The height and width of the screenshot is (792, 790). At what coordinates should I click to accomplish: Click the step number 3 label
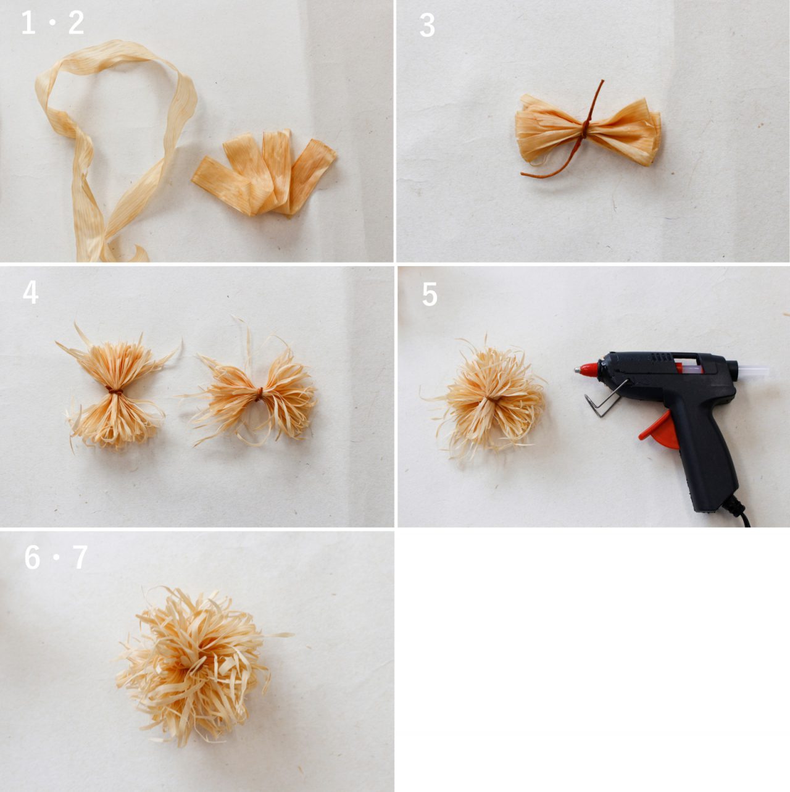(428, 25)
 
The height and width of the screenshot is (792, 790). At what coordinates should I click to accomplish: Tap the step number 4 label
(30, 293)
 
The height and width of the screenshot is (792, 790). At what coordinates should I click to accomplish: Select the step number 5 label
(430, 294)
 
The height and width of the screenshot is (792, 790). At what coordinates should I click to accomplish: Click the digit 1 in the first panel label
(28, 23)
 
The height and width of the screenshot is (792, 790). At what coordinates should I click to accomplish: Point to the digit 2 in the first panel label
(76, 23)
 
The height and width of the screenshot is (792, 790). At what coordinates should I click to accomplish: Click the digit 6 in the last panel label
(32, 557)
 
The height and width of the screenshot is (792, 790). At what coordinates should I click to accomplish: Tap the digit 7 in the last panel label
(80, 557)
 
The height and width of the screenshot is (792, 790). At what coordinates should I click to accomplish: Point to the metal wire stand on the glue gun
(605, 397)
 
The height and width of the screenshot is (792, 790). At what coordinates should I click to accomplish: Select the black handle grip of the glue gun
(699, 452)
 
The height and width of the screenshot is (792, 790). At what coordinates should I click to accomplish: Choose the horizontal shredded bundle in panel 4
(253, 396)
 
